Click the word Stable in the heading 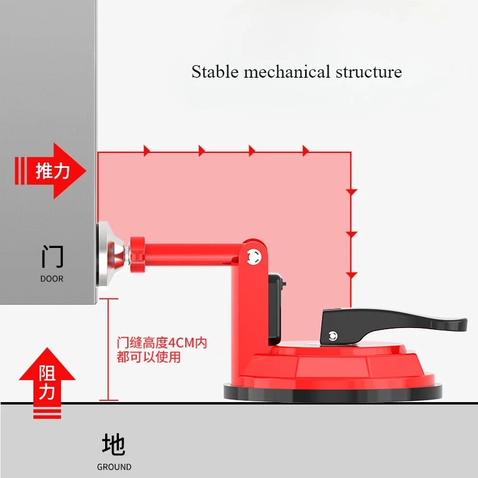(x=215, y=72)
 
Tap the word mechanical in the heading (x=287, y=72)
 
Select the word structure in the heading (x=369, y=72)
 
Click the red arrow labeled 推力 (x=51, y=171)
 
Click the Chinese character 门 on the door (x=52, y=256)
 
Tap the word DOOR (x=52, y=278)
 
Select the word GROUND (x=114, y=467)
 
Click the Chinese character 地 (x=114, y=445)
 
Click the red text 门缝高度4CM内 (x=162, y=343)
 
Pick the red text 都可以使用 (x=148, y=357)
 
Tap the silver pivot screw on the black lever (x=333, y=336)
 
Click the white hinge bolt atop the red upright (x=254, y=257)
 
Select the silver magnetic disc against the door (x=110, y=255)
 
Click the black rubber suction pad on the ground (x=333, y=393)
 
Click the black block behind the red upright (x=276, y=309)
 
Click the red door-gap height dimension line (x=108, y=350)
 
